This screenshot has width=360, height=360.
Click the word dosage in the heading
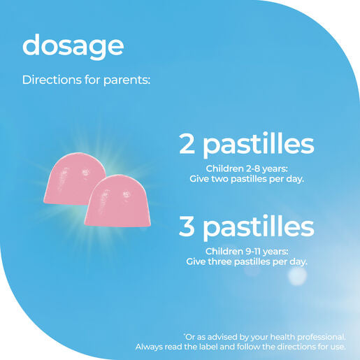tap(73, 47)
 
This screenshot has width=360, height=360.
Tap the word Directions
tap(52, 80)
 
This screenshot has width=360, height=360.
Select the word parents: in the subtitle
tap(127, 80)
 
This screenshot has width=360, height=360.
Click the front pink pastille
tap(117, 201)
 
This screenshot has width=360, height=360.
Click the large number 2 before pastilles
tap(187, 144)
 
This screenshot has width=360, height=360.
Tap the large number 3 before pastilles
tap(187, 226)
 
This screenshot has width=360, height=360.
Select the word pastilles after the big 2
tap(259, 145)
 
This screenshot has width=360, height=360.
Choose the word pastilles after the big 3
tap(259, 228)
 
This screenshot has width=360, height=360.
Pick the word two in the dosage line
tap(219, 179)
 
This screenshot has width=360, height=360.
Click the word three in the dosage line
tap(220, 261)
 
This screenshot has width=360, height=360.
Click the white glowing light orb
tap(297, 276)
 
